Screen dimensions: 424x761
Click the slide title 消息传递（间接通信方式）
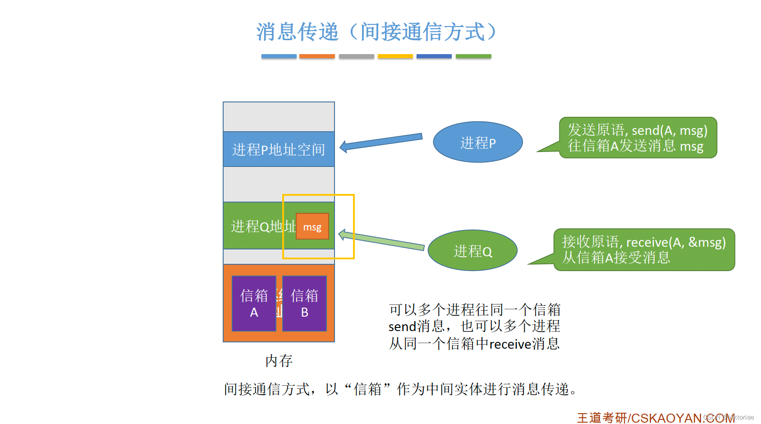pyautogui.click(x=376, y=32)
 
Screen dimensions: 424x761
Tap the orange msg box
pyautogui.click(x=312, y=226)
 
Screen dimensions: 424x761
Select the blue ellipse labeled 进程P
pyautogui.click(x=477, y=142)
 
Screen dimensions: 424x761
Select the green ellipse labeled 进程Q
pyautogui.click(x=472, y=250)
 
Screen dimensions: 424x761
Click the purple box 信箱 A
pyautogui.click(x=254, y=303)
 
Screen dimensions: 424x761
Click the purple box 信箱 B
pyautogui.click(x=304, y=303)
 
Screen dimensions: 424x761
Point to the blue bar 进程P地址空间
pyautogui.click(x=279, y=149)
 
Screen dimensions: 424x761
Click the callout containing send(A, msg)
pyautogui.click(x=637, y=138)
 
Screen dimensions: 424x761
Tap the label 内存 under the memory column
pyautogui.click(x=279, y=360)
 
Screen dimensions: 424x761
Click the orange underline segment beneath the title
pyautogui.click(x=317, y=56)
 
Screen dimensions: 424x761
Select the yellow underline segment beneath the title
pyautogui.click(x=395, y=56)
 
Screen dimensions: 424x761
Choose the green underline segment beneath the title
pyautogui.click(x=473, y=56)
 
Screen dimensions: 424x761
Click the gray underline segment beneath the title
pyautogui.click(x=356, y=56)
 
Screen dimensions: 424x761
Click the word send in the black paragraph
pyautogui.click(x=402, y=326)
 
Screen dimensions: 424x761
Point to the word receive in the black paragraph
pyautogui.click(x=510, y=344)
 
